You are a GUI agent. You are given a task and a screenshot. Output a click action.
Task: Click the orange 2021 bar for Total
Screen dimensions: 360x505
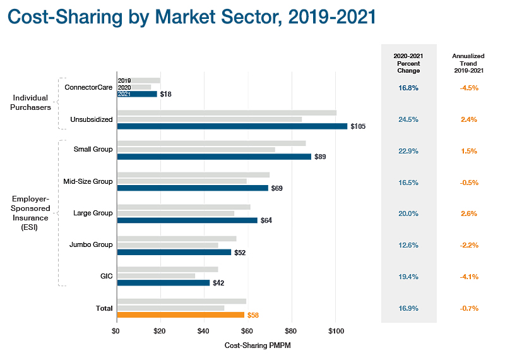[x=181, y=315]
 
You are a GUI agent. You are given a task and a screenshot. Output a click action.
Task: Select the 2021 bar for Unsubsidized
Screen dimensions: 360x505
[x=232, y=126]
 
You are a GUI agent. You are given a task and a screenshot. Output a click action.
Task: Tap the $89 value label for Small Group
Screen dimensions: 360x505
[x=320, y=157]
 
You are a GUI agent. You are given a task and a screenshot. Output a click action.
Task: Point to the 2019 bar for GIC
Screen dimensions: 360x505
[x=167, y=269]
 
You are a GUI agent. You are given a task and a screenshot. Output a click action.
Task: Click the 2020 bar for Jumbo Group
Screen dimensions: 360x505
[x=167, y=244]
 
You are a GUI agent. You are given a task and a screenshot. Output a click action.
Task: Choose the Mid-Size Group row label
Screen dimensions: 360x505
[x=88, y=182]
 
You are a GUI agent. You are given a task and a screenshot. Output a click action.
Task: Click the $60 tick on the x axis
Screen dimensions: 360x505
[x=247, y=330]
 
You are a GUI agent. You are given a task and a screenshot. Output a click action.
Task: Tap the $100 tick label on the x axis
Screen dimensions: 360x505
[x=335, y=330]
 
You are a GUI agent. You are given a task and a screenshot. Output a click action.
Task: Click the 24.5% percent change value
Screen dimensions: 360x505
[x=408, y=119]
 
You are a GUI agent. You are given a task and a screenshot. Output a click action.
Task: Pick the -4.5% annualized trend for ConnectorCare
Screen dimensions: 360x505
[x=468, y=88]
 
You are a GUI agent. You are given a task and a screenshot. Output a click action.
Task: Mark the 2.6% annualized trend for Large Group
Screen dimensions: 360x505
[x=468, y=213]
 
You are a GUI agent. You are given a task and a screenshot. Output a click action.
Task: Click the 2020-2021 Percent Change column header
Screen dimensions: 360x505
[x=408, y=63]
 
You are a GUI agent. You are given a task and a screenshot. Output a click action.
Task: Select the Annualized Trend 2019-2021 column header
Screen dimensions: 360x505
[x=468, y=63]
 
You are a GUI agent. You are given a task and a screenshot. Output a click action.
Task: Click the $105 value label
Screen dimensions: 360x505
[x=357, y=126]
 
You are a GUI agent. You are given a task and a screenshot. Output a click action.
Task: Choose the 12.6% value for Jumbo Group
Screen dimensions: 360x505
[x=408, y=245]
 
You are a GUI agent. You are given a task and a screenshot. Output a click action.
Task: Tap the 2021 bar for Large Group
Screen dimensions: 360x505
[x=187, y=220]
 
